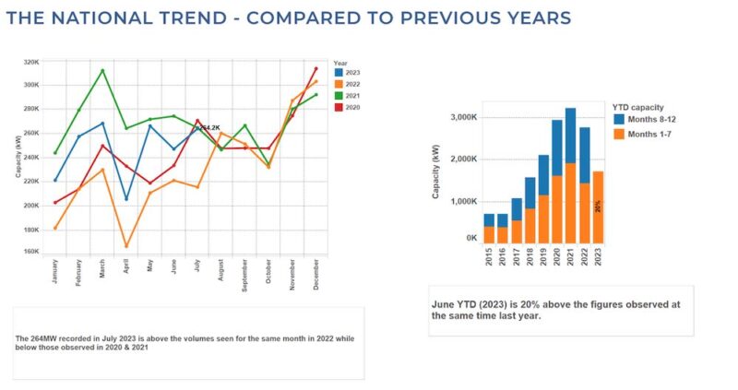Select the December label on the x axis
pos(316,276)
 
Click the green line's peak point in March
pos(102,71)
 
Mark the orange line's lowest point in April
pos(126,245)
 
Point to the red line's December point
pos(315,68)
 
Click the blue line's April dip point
pos(126,198)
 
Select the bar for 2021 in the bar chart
pos(571,175)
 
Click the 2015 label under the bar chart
pos(490,259)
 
